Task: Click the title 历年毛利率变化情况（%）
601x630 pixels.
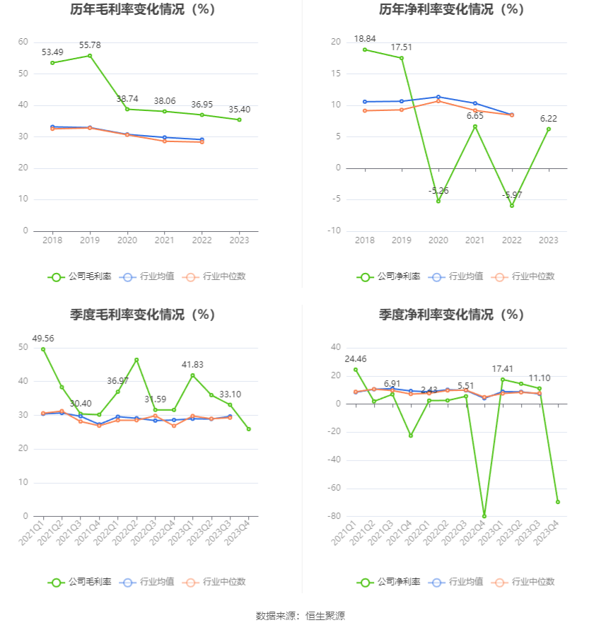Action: pyautogui.click(x=142, y=10)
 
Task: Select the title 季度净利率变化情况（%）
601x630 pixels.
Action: pyautogui.click(x=451, y=315)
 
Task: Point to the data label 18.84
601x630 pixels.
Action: pyautogui.click(x=365, y=39)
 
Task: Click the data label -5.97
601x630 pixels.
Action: pyautogui.click(x=512, y=195)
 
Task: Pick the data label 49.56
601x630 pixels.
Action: pyautogui.click(x=43, y=339)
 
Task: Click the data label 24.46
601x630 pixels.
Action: pyautogui.click(x=356, y=358)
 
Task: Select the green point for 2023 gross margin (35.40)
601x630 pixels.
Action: pyautogui.click(x=239, y=119)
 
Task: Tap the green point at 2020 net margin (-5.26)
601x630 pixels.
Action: pyautogui.click(x=438, y=202)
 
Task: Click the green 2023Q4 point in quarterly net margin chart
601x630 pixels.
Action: pyautogui.click(x=558, y=502)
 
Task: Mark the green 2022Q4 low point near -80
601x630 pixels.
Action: pyautogui.click(x=484, y=516)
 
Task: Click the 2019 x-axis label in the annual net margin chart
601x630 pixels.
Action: pyautogui.click(x=402, y=240)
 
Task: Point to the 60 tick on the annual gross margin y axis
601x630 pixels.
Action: pyautogui.click(x=23, y=42)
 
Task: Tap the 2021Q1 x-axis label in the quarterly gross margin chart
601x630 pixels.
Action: pyautogui.click(x=33, y=532)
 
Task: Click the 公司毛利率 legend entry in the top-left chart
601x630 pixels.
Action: pyautogui.click(x=80, y=277)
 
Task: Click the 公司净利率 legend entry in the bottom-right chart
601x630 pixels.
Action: pyautogui.click(x=389, y=582)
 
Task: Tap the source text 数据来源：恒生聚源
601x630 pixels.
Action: pyautogui.click(x=300, y=616)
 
